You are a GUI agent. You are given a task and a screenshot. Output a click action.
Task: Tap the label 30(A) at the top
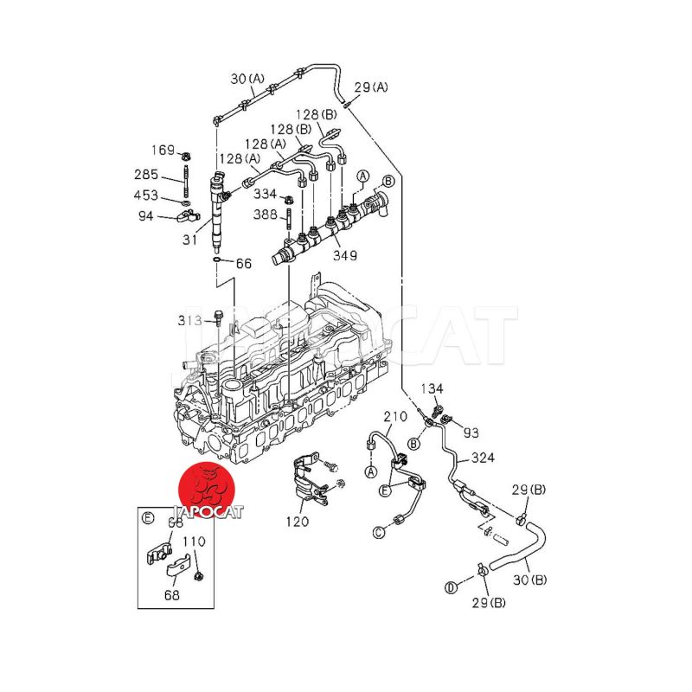tap(247, 80)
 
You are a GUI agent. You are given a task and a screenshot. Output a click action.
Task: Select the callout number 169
tap(163, 150)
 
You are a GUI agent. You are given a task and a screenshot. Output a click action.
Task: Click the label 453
tap(146, 195)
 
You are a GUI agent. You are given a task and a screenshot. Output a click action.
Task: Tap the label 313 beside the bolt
tap(189, 321)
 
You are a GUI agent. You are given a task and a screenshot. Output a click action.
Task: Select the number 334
tap(266, 194)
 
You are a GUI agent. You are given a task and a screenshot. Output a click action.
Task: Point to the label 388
tap(266, 215)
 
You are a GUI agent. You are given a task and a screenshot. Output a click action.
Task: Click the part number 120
tap(298, 522)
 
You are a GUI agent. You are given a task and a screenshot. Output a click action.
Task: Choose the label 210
tap(394, 417)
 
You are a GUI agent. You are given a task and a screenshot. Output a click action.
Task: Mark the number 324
tap(483, 458)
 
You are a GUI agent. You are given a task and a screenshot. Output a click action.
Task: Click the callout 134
tap(432, 388)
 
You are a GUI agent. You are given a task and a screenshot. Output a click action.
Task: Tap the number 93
tap(470, 432)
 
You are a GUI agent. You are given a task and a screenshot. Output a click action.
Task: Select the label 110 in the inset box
tap(194, 541)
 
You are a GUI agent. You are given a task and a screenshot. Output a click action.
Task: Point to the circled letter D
tap(451, 588)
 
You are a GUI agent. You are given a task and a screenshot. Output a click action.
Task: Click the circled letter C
tap(378, 531)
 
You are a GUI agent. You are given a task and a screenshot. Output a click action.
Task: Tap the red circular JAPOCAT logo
tap(208, 488)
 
